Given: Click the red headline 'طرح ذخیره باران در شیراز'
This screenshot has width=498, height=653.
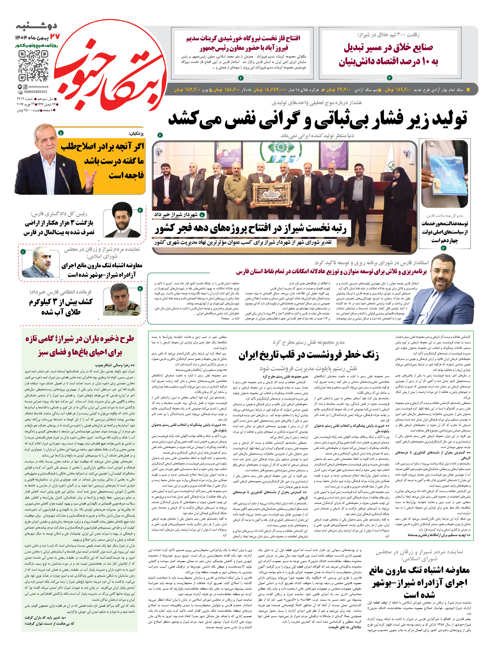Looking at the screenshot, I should click(x=80, y=345).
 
